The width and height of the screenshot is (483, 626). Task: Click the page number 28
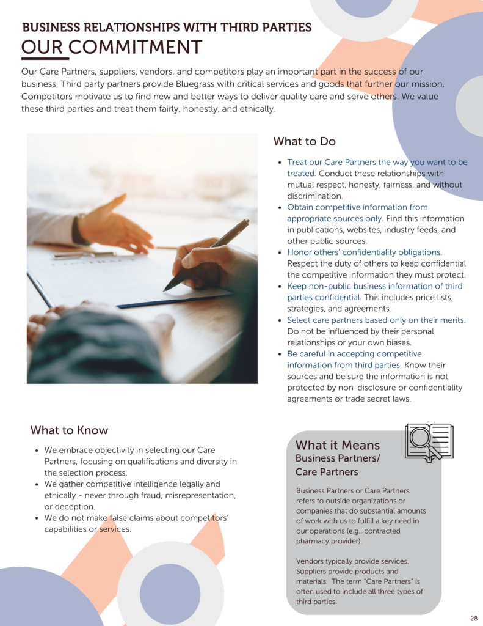tap(474, 618)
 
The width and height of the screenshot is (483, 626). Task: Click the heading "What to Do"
tap(304, 142)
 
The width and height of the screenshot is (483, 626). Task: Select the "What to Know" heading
tap(69, 430)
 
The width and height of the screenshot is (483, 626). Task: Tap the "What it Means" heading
tap(337, 445)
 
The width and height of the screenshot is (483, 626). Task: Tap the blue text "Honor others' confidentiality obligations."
tap(365, 252)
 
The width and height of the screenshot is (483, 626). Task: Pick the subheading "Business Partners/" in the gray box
tap(337, 458)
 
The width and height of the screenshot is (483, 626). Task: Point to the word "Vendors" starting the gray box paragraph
tap(311, 561)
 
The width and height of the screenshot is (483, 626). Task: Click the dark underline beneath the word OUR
tap(45, 59)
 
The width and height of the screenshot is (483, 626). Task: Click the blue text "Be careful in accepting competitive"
tap(354, 354)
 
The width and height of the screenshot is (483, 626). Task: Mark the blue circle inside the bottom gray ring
tap(170, 594)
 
